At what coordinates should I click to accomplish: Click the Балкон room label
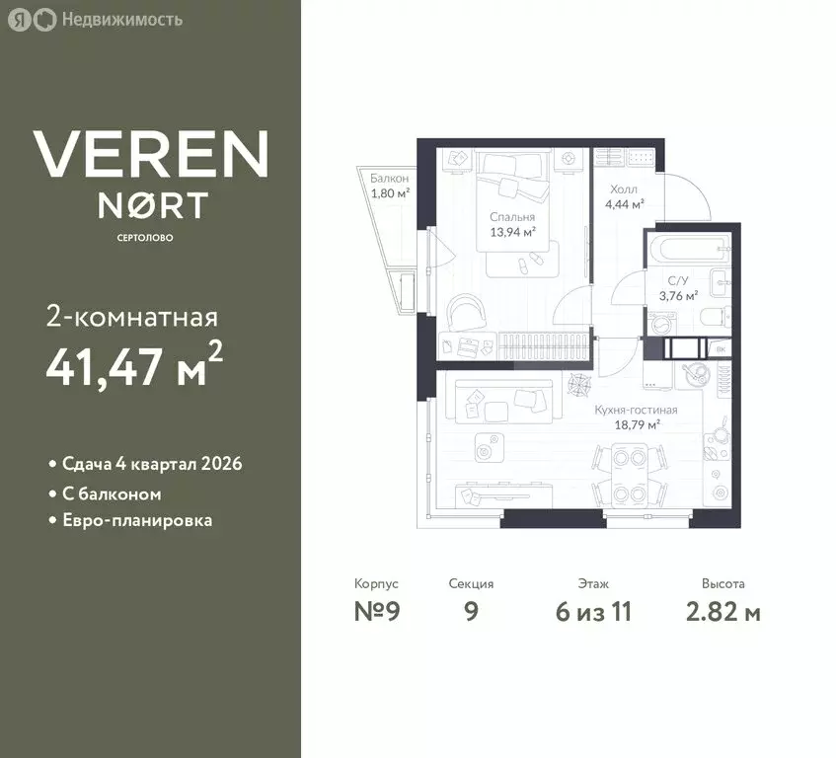pyautogui.click(x=389, y=178)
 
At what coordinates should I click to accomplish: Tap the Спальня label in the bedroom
pyautogui.click(x=512, y=217)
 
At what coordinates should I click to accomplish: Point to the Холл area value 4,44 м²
pyautogui.click(x=625, y=204)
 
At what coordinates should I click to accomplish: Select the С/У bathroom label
pyautogui.click(x=678, y=281)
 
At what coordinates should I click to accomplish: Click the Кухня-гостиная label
pyautogui.click(x=636, y=410)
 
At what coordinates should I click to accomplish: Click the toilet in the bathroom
pyautogui.click(x=715, y=317)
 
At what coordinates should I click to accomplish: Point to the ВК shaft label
pyautogui.click(x=721, y=349)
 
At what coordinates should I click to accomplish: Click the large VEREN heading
pyautogui.click(x=151, y=154)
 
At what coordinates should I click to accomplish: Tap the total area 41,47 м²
pyautogui.click(x=134, y=366)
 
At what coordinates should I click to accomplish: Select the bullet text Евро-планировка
pyautogui.click(x=137, y=520)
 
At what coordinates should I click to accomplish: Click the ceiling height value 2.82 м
pyautogui.click(x=722, y=611)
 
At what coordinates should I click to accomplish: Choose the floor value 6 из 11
pyautogui.click(x=593, y=611)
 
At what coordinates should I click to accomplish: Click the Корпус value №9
pyautogui.click(x=377, y=611)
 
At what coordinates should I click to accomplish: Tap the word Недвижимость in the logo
pyautogui.click(x=122, y=20)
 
